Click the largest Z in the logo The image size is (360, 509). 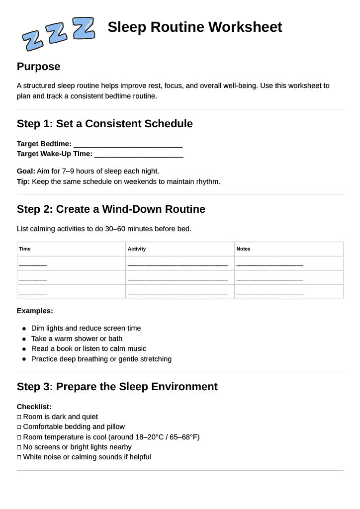(84, 28)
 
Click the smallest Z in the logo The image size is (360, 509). (33, 40)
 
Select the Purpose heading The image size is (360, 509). (38, 67)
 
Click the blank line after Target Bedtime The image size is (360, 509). (128, 145)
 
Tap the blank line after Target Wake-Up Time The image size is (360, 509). (139, 155)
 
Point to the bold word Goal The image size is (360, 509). (25, 171)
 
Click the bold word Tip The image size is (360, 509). (23, 181)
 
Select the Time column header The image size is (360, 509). (25, 249)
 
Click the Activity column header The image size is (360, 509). (137, 249)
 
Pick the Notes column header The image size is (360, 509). (244, 249)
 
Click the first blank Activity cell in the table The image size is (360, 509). (178, 264)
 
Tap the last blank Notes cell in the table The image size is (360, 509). (270, 292)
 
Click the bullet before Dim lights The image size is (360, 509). (24, 329)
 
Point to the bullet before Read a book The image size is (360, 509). (24, 349)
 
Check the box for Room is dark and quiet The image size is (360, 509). (19, 417)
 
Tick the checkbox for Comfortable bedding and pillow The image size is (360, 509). (19, 427)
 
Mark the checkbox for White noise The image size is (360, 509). (19, 457)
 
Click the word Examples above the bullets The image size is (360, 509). (34, 311)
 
